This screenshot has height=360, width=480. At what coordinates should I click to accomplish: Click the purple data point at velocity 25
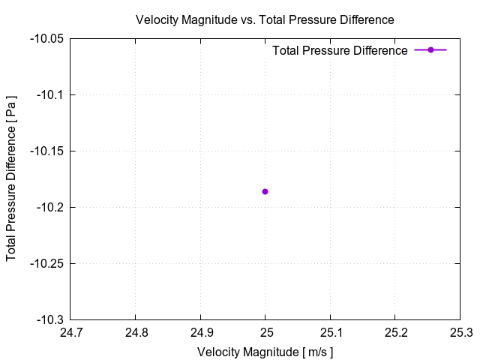265,191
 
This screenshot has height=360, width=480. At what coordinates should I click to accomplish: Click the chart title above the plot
265,19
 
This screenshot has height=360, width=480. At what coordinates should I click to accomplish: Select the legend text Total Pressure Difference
340,50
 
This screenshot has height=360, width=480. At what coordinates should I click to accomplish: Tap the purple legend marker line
430,49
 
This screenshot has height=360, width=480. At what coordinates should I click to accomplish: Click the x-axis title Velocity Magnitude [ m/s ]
265,351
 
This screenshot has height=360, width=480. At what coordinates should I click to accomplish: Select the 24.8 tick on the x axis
135,332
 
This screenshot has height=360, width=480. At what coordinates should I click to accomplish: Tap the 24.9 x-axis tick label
200,332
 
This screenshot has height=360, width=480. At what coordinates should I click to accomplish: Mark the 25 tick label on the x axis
265,332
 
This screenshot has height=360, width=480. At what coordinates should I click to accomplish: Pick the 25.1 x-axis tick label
330,332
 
